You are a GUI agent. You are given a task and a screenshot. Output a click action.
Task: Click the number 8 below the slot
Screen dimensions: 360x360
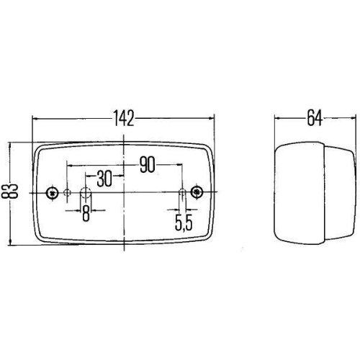pos(86,214)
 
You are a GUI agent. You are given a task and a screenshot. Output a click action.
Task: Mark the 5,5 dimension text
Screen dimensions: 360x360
pos(184,223)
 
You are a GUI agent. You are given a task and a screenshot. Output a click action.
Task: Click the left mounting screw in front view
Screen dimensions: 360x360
pos(52,192)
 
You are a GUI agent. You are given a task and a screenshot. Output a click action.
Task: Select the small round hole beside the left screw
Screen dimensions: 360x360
pos(67,192)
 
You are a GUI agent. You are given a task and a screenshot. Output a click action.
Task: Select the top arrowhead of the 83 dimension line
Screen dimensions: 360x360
pos(10,145)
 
